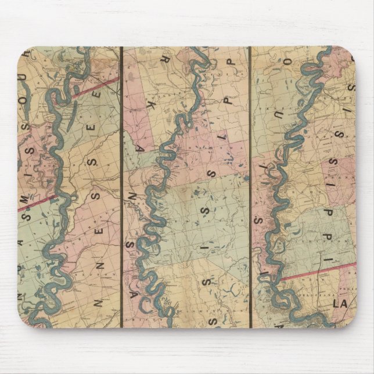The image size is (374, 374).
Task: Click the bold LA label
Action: pos(339,303)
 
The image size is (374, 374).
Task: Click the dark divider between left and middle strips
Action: pos(121,186)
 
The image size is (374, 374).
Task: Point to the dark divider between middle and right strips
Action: pos(250,186)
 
